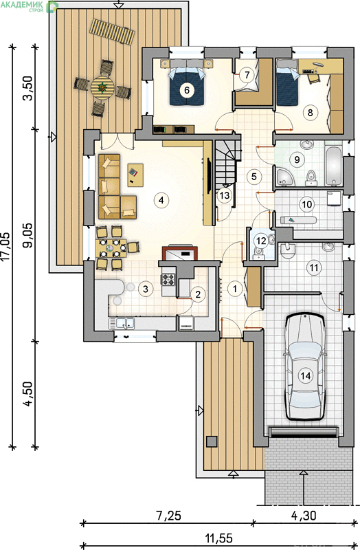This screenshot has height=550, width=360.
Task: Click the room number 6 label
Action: [x=186, y=90]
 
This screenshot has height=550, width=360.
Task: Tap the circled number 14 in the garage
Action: [x=306, y=376]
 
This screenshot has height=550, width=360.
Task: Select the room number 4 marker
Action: [x=161, y=200]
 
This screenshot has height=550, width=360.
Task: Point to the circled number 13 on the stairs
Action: [x=225, y=195]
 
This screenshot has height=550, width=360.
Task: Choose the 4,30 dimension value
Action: [x=304, y=516]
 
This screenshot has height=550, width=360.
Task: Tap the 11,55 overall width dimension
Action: [x=218, y=538]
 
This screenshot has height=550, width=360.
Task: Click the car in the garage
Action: [x=305, y=367]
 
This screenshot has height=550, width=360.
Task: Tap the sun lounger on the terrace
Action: [x=112, y=32]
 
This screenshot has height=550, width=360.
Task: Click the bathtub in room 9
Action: [x=333, y=166]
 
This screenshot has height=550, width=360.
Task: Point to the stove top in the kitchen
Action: [x=168, y=280]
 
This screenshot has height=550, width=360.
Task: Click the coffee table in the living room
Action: [x=135, y=175]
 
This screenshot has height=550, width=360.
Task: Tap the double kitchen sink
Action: [x=122, y=323]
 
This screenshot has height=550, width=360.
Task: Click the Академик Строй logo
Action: [x=30, y=6]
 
